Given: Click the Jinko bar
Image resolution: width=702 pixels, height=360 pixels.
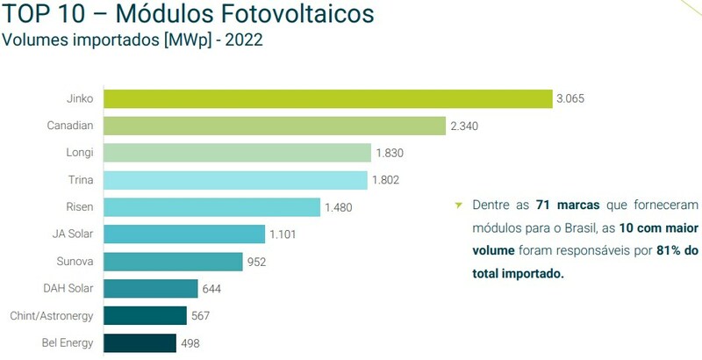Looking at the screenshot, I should point(326,98).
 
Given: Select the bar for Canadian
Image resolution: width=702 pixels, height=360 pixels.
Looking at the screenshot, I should point(275,126).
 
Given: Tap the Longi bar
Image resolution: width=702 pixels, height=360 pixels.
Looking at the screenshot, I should point(237,153).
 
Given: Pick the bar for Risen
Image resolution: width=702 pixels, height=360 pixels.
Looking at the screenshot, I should point(211,207).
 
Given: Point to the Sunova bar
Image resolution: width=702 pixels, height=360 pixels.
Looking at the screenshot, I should point(173,262).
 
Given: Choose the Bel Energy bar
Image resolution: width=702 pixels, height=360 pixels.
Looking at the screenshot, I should point(140,342).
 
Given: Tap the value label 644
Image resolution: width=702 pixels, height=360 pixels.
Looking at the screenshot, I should point(213,289).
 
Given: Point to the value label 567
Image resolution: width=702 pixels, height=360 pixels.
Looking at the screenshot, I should point(202,316).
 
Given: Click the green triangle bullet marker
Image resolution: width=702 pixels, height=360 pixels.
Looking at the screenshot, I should point(457,206).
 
